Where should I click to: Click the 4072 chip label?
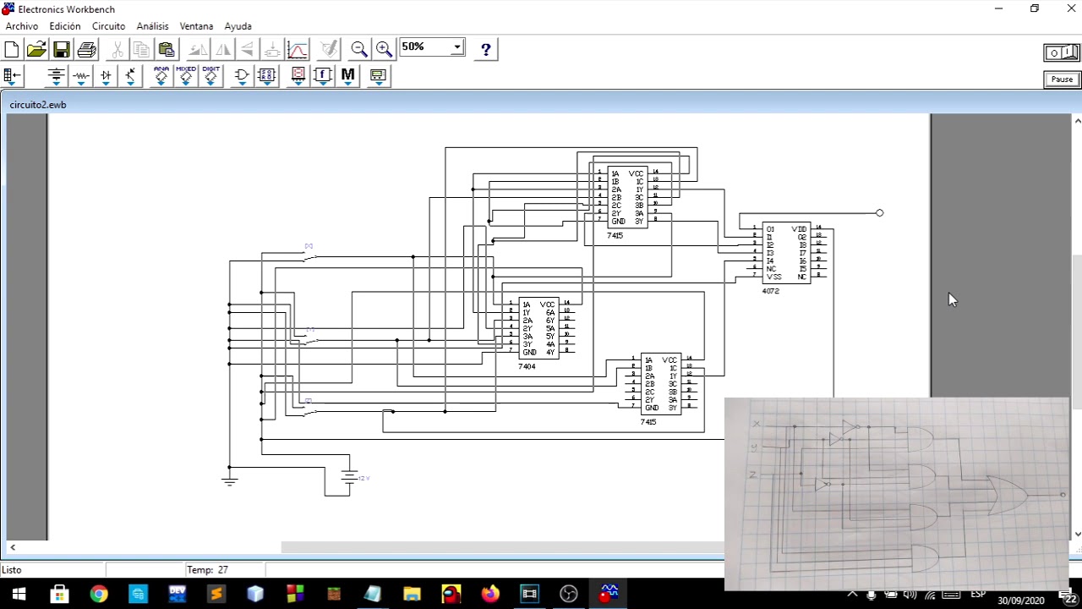[770, 291]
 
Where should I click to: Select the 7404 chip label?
[527, 367]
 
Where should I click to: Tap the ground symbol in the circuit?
[229, 480]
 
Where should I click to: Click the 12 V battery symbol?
[349, 477]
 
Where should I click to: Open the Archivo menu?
[22, 26]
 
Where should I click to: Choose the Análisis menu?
[152, 26]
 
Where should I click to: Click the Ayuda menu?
[238, 26]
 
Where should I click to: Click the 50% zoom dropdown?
[432, 47]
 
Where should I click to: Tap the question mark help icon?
[485, 49]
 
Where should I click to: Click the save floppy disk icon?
[61, 49]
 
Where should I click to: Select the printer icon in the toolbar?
[86, 49]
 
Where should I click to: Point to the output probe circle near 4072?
[879, 213]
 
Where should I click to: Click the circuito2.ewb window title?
[38, 105]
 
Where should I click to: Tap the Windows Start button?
[19, 595]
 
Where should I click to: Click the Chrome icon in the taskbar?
[99, 595]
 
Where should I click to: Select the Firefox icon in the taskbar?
[490, 595]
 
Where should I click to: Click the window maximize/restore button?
[1035, 8]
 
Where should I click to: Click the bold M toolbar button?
[347, 75]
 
